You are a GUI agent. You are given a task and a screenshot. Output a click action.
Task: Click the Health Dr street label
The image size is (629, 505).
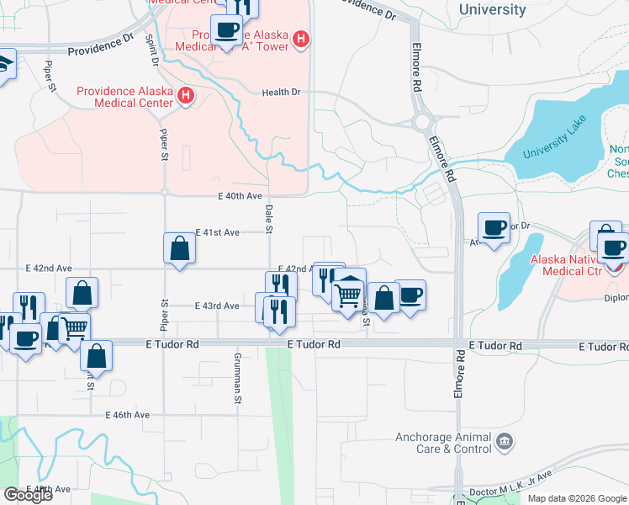281,93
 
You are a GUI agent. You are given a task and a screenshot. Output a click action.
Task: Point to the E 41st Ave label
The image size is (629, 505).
218,232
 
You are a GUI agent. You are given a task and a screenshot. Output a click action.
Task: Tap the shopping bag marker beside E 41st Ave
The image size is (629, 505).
179,248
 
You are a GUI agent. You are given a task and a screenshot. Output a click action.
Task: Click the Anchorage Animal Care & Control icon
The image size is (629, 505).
505,441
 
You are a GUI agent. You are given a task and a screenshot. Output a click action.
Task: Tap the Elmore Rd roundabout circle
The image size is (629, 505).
422,122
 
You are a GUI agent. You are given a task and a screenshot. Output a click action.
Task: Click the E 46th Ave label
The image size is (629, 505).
127,415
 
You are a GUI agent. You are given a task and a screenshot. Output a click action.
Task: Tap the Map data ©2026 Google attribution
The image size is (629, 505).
576,498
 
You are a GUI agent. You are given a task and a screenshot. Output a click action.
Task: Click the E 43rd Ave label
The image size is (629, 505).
218,306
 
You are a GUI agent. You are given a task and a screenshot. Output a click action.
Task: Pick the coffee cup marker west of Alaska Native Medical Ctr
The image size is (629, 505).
494,227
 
